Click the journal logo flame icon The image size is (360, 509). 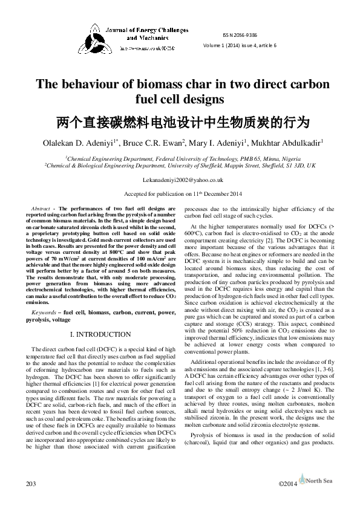pos(96,36)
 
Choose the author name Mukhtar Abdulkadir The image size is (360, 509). pos(293,143)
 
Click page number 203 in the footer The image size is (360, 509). pos(31,484)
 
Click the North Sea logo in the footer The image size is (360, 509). pos(318,483)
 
